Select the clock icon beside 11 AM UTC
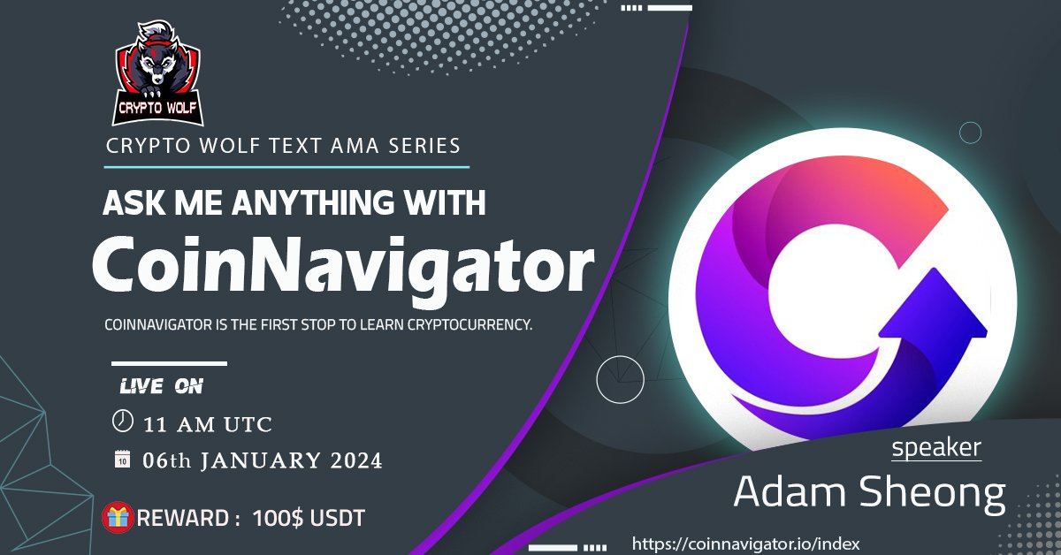pos(122,422)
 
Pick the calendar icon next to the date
pos(122,460)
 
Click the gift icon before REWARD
pos(116,517)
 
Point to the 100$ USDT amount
pos(308,518)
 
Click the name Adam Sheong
pos(869,493)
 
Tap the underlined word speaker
pos(935,447)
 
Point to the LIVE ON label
pos(162,387)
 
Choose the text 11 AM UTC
pos(207,423)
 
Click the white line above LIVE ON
pos(169,363)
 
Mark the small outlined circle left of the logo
pos(620,380)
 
